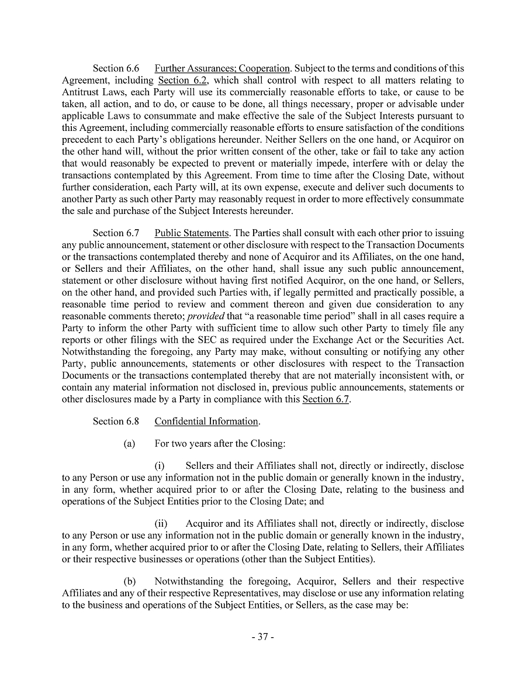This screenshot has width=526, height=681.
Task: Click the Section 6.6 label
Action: pyautogui.click(x=116, y=68)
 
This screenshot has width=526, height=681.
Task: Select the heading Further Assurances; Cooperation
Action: pyautogui.click(x=222, y=68)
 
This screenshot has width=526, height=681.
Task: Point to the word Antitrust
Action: pyautogui.click(x=80, y=92)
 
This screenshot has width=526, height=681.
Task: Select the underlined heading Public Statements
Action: pyautogui.click(x=191, y=233)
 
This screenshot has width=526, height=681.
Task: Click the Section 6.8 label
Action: pyautogui.click(x=116, y=421)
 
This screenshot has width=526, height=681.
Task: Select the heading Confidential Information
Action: pyautogui.click(x=206, y=421)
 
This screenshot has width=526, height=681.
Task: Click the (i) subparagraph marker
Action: pyautogui.click(x=159, y=466)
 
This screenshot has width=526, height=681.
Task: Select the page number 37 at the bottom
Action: pyautogui.click(x=262, y=637)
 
